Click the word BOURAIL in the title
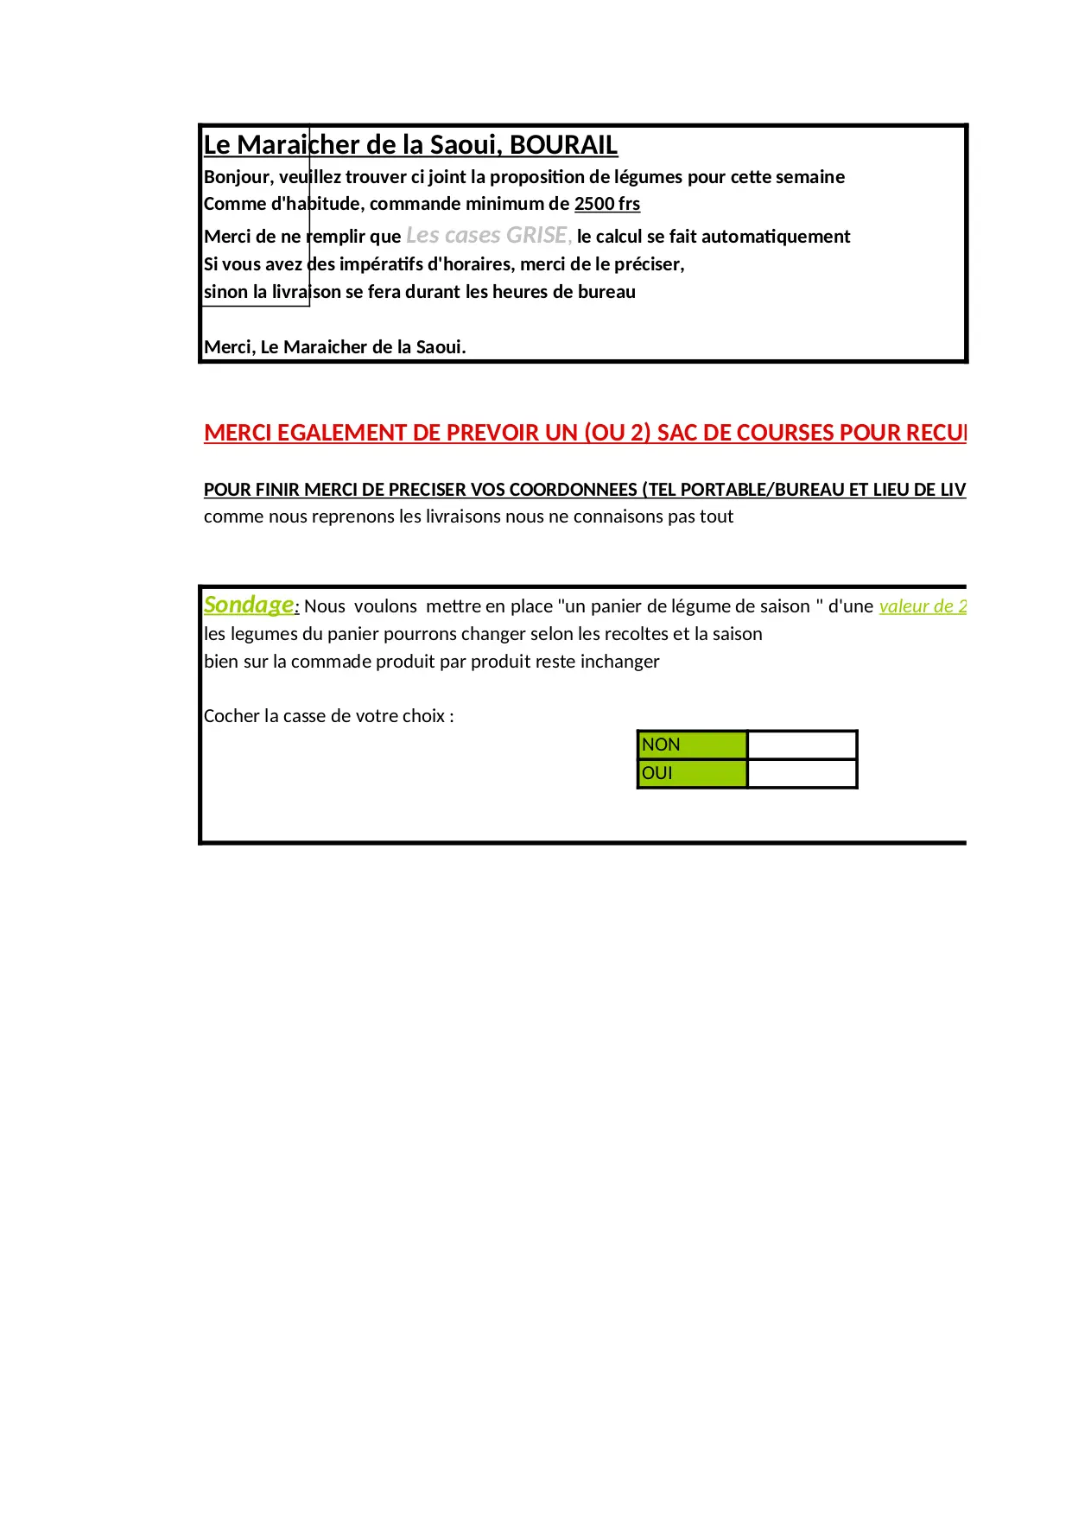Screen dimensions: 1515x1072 563,145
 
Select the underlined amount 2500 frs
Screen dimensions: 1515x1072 607,204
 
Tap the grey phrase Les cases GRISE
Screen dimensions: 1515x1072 487,235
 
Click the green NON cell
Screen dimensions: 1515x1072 692,745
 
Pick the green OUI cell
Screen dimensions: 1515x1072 692,773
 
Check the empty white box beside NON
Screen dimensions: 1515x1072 802,745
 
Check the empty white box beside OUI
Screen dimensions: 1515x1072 802,773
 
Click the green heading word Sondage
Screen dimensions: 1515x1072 249,605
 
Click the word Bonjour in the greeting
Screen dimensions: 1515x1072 237,177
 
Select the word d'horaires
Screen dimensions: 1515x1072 471,264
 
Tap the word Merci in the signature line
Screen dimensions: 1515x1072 228,347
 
